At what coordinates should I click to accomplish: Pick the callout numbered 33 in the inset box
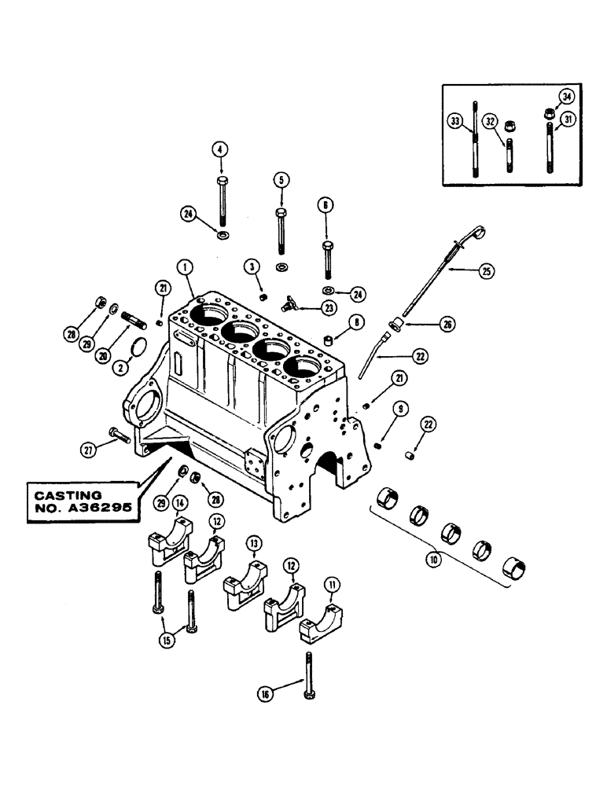455,121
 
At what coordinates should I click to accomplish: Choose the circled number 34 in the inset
566,97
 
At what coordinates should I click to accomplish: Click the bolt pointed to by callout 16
307,672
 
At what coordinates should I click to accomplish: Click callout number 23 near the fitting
307,308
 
